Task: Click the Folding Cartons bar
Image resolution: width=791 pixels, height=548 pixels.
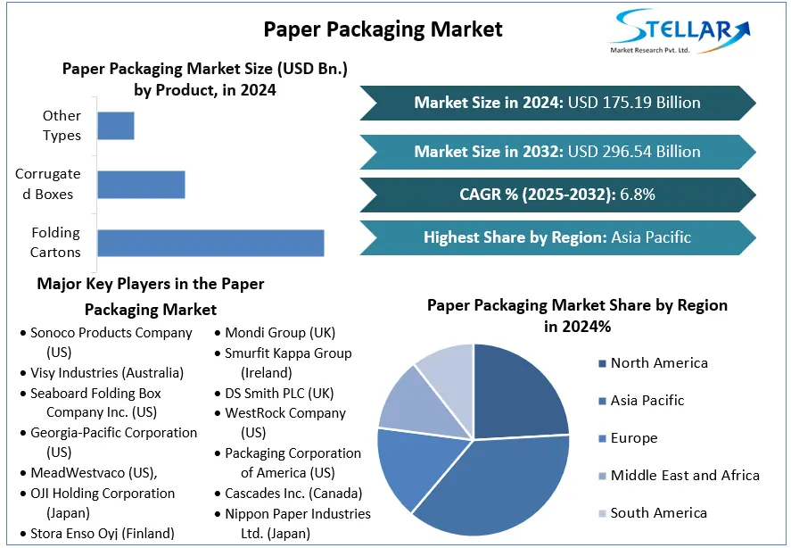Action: click(210, 243)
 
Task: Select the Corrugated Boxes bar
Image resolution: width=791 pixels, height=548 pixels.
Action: click(141, 185)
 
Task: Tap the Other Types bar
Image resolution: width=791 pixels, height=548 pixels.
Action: click(116, 126)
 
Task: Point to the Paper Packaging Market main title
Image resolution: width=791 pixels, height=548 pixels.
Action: click(383, 29)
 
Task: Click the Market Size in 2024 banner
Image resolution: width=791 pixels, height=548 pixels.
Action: click(557, 103)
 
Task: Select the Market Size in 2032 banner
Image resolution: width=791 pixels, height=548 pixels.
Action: click(557, 152)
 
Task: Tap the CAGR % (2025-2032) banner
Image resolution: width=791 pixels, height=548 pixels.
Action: click(557, 195)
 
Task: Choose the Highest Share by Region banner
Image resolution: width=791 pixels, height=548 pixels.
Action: click(557, 237)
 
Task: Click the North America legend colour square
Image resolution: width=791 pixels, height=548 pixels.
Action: click(602, 363)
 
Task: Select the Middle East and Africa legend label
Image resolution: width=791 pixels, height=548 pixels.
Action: click(685, 476)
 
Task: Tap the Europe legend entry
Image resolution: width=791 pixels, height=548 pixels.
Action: click(634, 438)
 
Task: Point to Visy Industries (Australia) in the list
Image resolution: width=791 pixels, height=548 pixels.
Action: click(107, 372)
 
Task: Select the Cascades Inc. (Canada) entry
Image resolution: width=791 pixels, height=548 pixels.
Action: click(293, 493)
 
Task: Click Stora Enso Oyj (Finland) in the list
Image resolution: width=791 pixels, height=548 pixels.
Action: click(103, 534)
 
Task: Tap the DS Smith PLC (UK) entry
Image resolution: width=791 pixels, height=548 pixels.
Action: click(279, 393)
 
